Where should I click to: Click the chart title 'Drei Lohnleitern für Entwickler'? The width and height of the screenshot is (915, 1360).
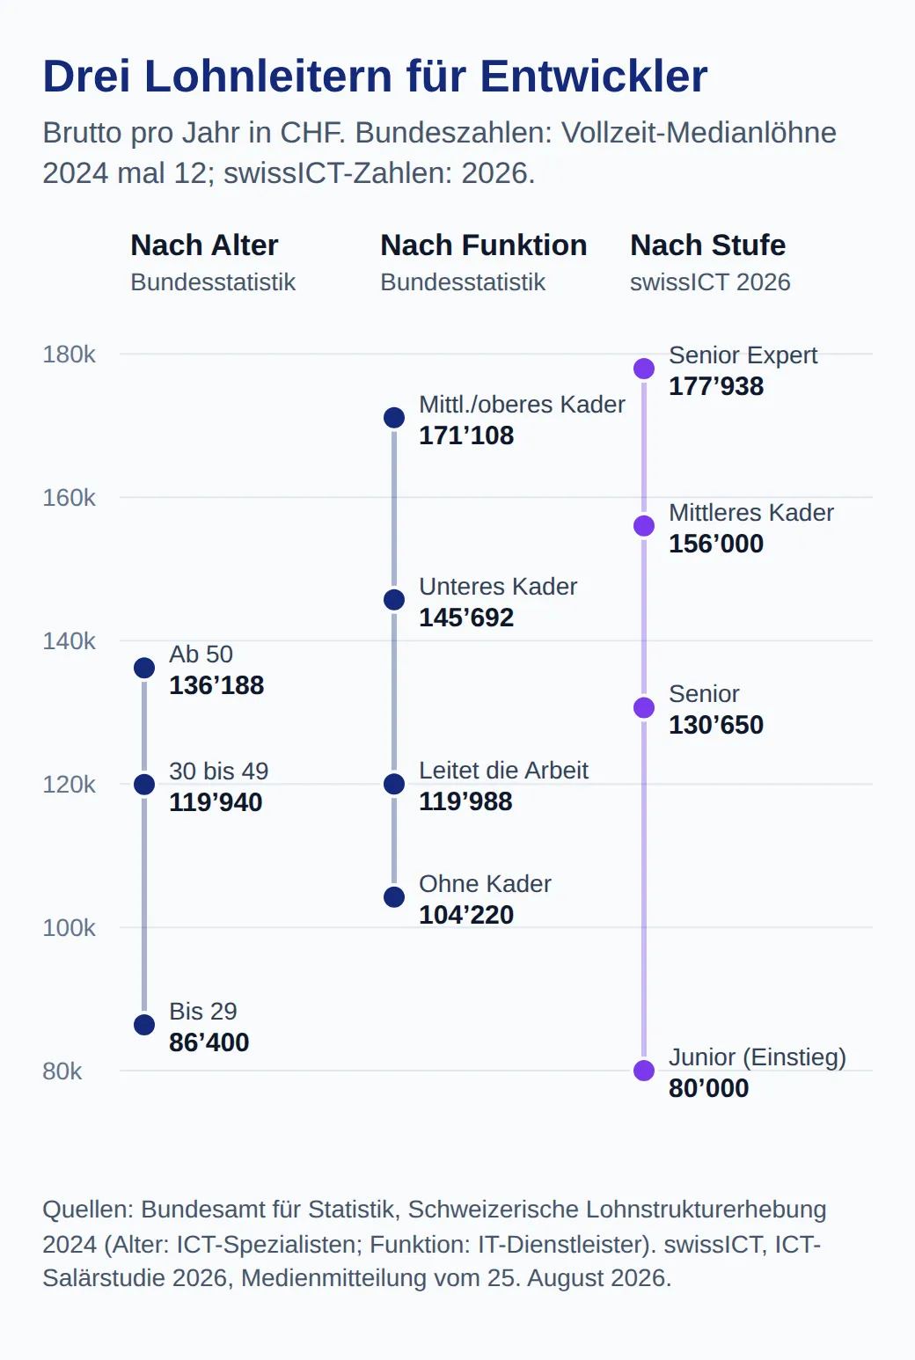[375, 77]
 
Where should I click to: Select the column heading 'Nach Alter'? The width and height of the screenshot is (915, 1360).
[204, 245]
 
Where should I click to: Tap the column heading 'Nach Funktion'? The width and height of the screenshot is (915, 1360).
[483, 245]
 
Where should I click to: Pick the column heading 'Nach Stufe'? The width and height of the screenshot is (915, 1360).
[708, 245]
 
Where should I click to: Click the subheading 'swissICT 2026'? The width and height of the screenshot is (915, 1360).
[710, 282]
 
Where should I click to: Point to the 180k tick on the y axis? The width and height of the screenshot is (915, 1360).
[69, 355]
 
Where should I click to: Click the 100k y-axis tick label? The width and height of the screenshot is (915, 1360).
[69, 928]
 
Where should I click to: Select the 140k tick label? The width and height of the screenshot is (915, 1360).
[69, 641]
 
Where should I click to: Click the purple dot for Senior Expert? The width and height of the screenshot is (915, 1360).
[644, 369]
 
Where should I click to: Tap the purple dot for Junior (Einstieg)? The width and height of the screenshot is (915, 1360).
[644, 1071]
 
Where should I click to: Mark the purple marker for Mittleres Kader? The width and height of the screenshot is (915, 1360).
[644, 526]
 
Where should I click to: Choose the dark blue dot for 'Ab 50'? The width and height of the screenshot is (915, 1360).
[144, 668]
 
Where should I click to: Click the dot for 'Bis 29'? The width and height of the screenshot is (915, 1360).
[144, 1025]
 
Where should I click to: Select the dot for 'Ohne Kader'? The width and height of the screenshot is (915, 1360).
[394, 896]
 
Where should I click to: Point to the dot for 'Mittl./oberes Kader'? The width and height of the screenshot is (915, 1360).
[394, 418]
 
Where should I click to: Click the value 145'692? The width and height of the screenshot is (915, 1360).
[466, 618]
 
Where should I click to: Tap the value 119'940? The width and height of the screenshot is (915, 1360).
[216, 802]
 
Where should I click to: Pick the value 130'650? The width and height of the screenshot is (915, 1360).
[716, 725]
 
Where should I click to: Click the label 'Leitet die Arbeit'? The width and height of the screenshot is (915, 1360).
[503, 771]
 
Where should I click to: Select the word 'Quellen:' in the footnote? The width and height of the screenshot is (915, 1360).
[88, 1210]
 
